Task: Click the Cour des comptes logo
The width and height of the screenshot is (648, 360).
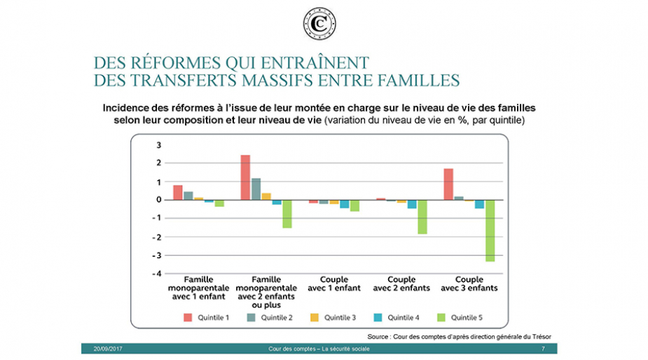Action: pyautogui.click(x=319, y=24)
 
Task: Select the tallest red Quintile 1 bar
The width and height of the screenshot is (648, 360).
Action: pyautogui.click(x=245, y=177)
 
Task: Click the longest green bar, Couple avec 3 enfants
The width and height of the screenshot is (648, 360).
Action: pyautogui.click(x=490, y=230)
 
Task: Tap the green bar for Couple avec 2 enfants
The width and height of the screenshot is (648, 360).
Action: pyautogui.click(x=422, y=217)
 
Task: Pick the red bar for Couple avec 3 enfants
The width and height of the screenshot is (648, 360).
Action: pyautogui.click(x=448, y=184)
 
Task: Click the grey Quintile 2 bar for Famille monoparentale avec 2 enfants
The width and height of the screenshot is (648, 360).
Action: pyautogui.click(x=256, y=189)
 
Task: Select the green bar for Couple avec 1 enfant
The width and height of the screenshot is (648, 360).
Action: pyautogui.click(x=354, y=206)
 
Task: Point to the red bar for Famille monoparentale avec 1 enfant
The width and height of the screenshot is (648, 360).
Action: pyautogui.click(x=178, y=193)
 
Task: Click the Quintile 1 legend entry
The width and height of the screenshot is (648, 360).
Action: pyautogui.click(x=206, y=317)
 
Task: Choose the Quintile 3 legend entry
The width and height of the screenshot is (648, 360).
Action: pyautogui.click(x=333, y=317)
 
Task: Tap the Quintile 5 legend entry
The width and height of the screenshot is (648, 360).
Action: pyautogui.click(x=460, y=317)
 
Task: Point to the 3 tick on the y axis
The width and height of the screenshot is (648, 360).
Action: pyautogui.click(x=159, y=145)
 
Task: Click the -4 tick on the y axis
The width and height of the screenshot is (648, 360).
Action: pyautogui.click(x=157, y=274)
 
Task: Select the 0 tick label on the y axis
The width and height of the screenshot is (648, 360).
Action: pyautogui.click(x=159, y=200)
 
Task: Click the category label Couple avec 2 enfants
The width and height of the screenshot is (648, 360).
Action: pyautogui.click(x=401, y=284)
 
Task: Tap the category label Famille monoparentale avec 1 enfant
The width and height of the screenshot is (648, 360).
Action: pyautogui.click(x=198, y=288)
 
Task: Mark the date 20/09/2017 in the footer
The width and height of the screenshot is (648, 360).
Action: pyautogui.click(x=108, y=349)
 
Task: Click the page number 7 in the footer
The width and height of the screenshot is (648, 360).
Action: pyautogui.click(x=543, y=349)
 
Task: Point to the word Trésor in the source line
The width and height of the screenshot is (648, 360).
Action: pyautogui.click(x=542, y=336)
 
